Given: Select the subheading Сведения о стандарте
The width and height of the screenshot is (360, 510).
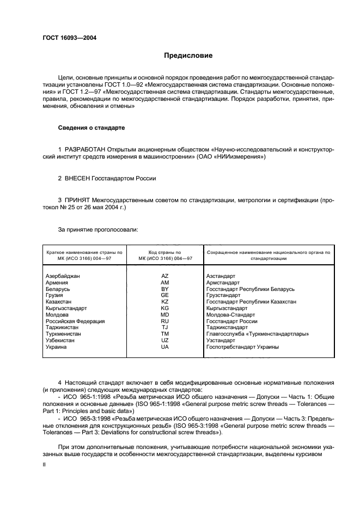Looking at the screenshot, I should point(91,128).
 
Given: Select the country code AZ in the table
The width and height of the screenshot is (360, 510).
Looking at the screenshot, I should point(165,276).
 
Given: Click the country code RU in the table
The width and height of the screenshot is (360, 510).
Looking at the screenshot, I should point(165,321).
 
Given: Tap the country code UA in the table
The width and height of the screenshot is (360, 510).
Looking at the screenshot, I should point(165,347).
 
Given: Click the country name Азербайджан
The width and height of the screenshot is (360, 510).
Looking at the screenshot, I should point(63,276).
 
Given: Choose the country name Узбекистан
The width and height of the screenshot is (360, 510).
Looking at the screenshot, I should point(61,340).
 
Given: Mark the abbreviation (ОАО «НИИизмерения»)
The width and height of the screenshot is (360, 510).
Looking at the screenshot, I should point(228,157).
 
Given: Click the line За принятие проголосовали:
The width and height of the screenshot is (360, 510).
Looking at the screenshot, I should point(98,229).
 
